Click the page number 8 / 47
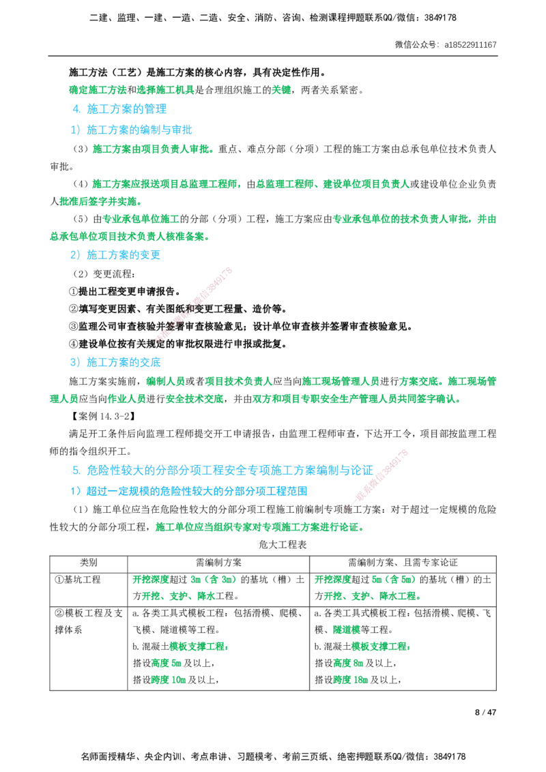tap(485, 712)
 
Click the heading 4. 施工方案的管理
tap(119, 109)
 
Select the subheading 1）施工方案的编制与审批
tap(131, 130)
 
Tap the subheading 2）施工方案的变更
tap(115, 255)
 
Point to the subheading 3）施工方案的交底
tap(115, 362)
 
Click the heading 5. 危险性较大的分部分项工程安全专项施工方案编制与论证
tap(222, 470)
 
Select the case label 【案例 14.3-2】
tap(102, 417)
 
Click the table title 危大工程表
tap(283, 544)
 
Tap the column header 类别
tap(89, 563)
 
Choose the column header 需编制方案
tap(219, 563)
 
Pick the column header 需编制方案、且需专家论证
tap(403, 563)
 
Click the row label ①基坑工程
tap(77, 580)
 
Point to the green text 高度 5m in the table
tap(167, 664)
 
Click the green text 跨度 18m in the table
tap(350, 681)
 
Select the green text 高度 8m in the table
tap(348, 664)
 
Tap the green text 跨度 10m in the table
tap(169, 681)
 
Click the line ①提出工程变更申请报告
tap(125, 291)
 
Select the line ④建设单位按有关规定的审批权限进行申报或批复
tap(178, 344)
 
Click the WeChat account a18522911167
tap(471, 45)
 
